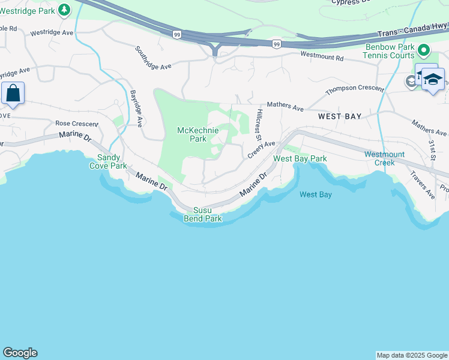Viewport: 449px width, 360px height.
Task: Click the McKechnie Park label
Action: point(193,134)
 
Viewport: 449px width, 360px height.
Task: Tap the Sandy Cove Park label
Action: point(109,161)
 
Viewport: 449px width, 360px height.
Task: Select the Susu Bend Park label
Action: point(207,214)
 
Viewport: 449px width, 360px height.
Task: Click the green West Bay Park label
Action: point(300,158)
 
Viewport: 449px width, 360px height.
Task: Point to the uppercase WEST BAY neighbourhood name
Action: point(340,116)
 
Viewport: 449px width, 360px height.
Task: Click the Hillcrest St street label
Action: point(259,125)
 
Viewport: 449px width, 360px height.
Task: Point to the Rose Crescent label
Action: point(76,123)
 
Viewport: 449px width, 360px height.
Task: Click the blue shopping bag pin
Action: point(13,94)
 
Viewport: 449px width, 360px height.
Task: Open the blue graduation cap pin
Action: point(433,79)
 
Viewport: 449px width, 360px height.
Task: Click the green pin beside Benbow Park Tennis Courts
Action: point(424,50)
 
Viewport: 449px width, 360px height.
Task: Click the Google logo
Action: point(20,353)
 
